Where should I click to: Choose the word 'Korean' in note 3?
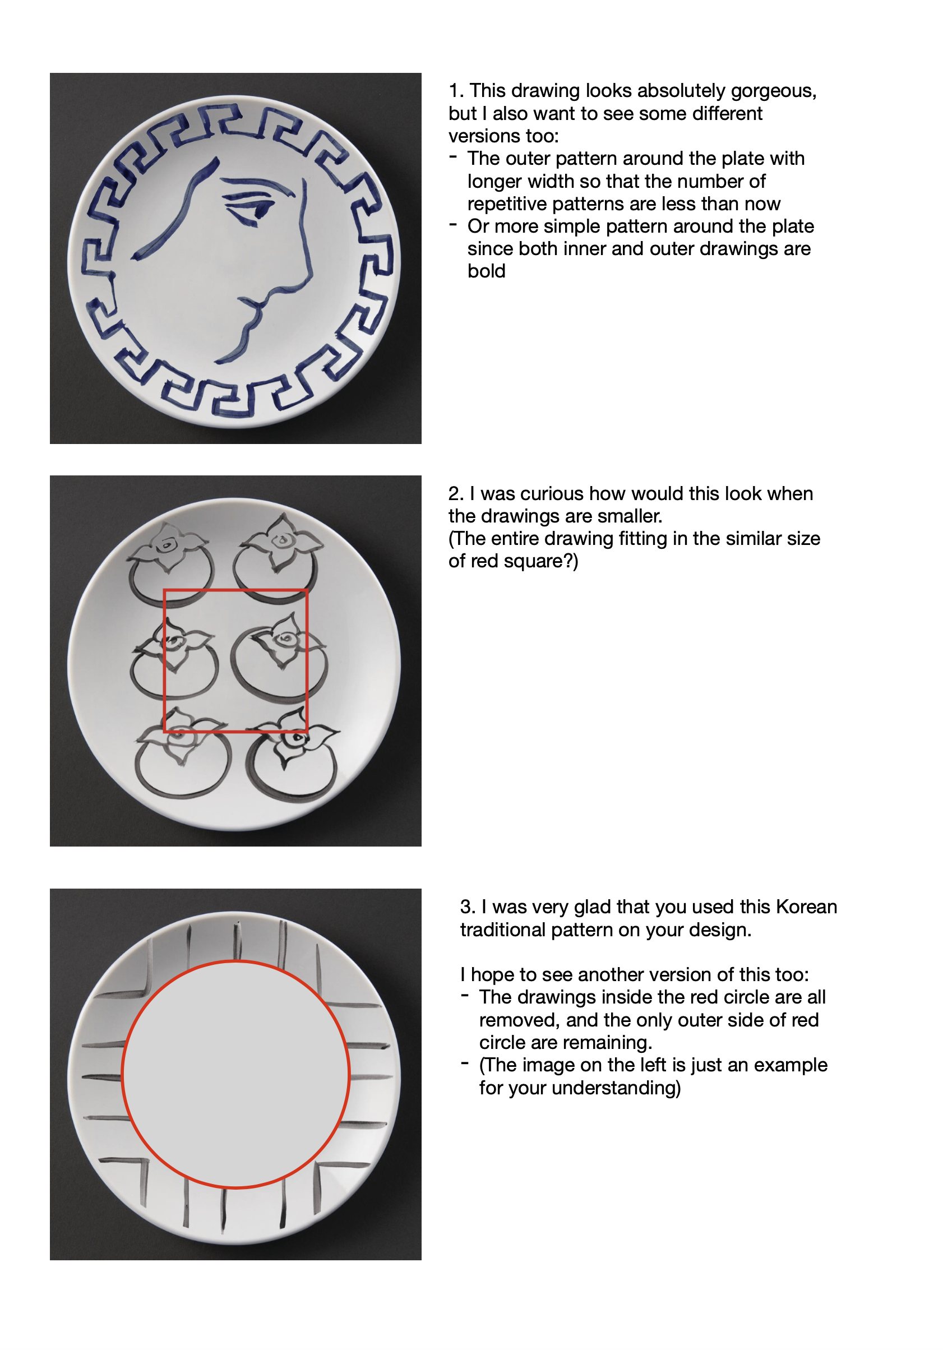806,907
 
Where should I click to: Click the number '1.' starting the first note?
456,91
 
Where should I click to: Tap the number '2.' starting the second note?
456,494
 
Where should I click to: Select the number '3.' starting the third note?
468,907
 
